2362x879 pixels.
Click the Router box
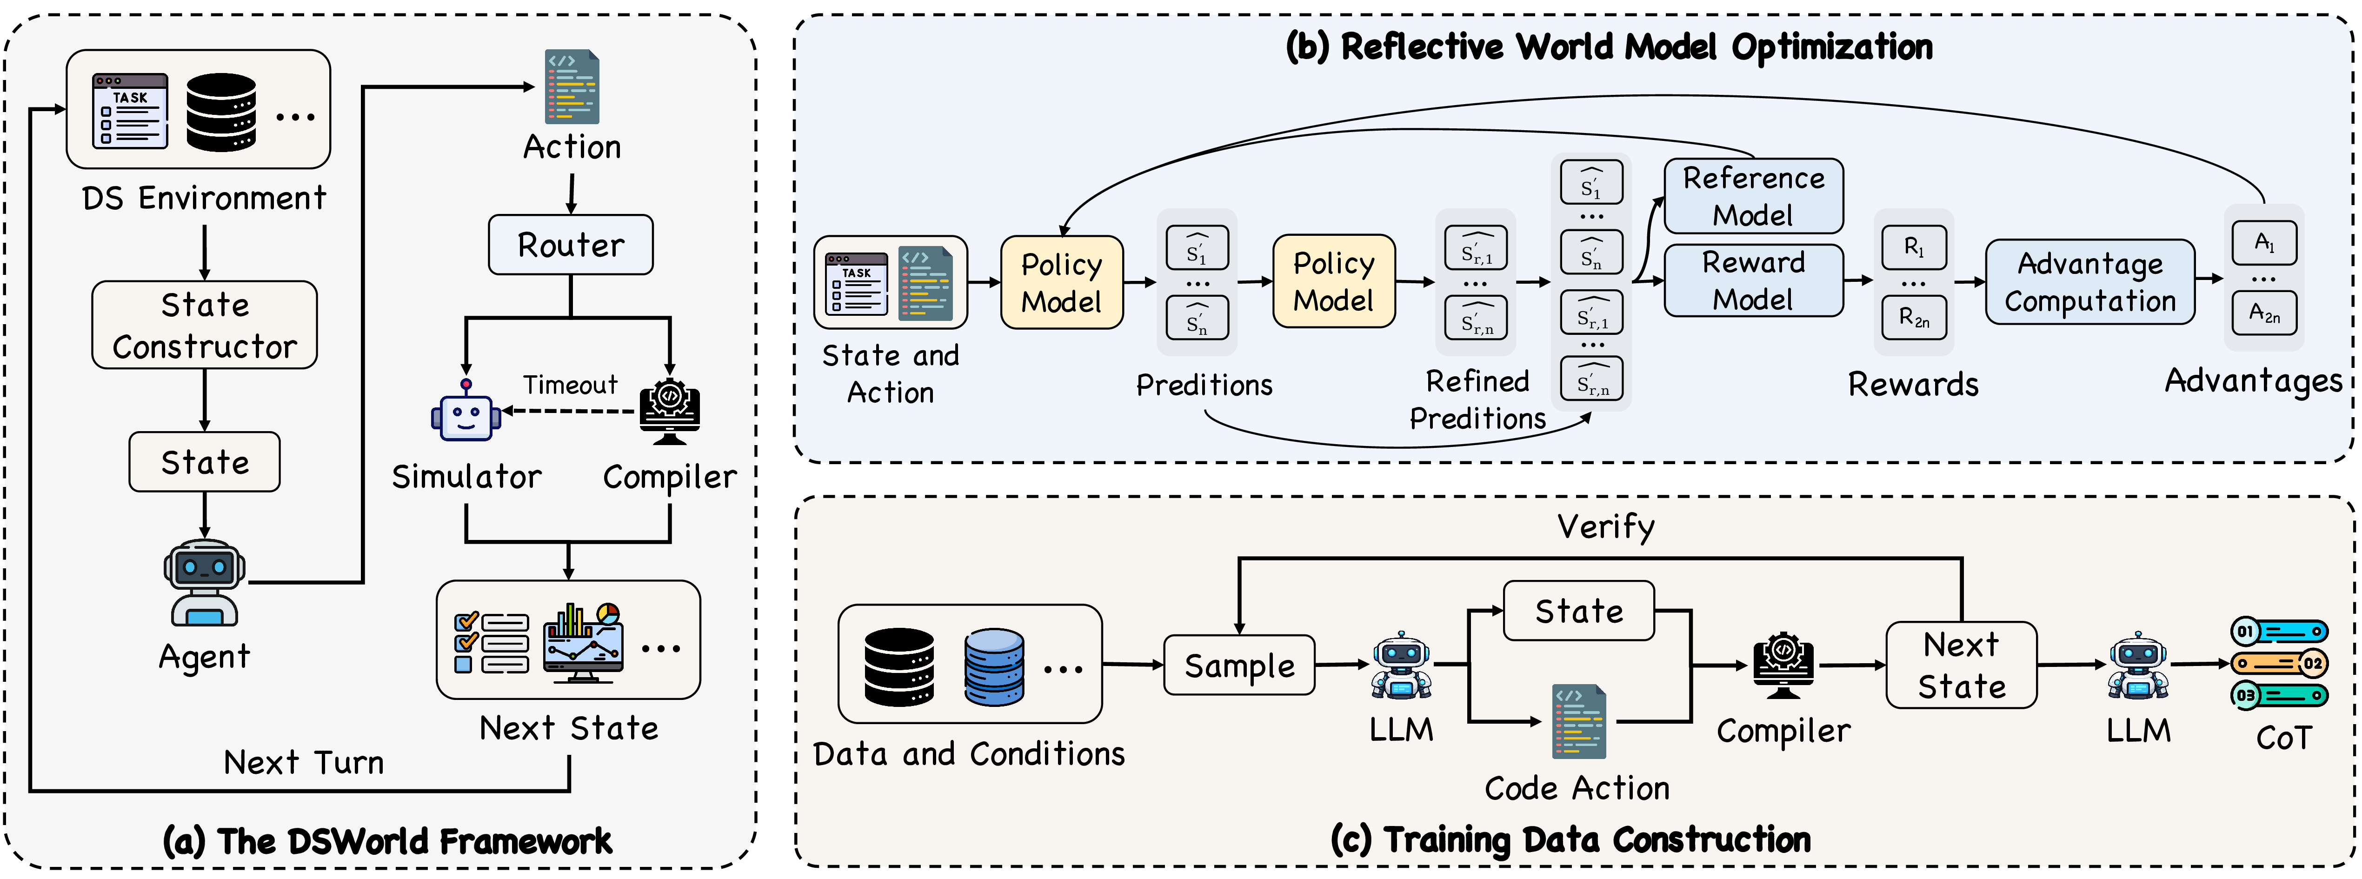point(570,245)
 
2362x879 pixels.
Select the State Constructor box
point(205,326)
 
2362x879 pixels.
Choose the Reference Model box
point(1753,196)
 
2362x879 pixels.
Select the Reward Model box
point(1753,280)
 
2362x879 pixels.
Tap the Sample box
point(1240,666)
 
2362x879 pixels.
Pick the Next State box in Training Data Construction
point(1961,666)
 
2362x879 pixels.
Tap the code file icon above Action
point(572,87)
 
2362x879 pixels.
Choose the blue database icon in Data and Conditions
point(994,666)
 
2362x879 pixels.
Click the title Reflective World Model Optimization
point(1609,47)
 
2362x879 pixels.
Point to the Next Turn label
point(304,763)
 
